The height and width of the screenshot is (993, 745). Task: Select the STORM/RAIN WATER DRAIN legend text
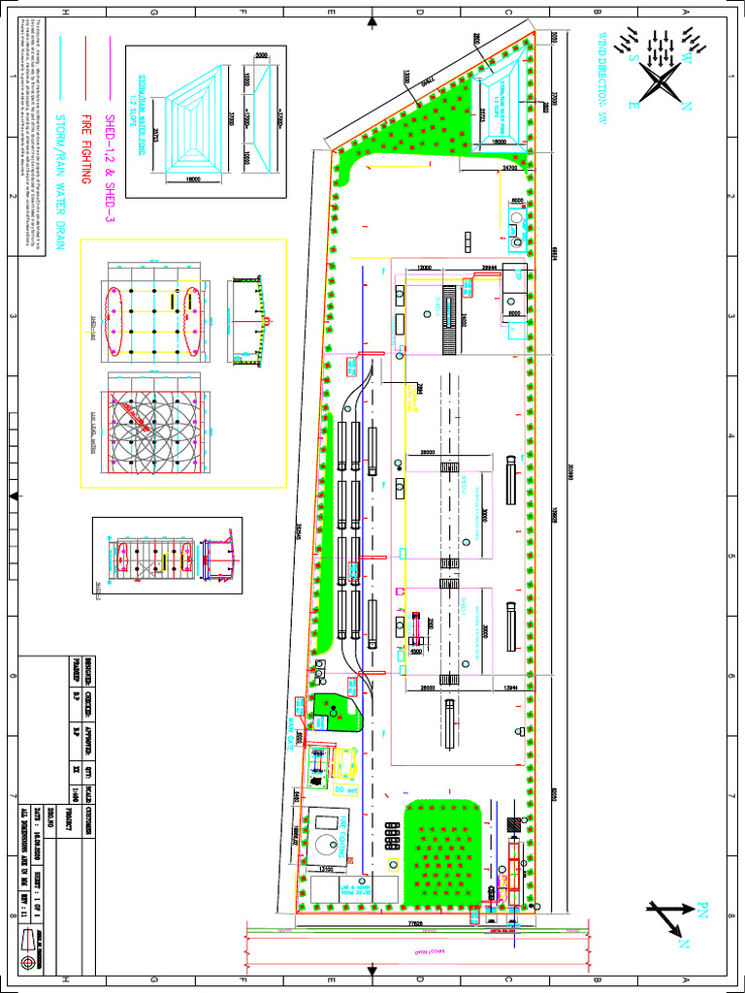pyautogui.click(x=59, y=183)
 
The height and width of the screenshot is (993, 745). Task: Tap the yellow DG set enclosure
pyautogui.click(x=345, y=766)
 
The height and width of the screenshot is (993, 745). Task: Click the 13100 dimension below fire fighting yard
pyautogui.click(x=328, y=869)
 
